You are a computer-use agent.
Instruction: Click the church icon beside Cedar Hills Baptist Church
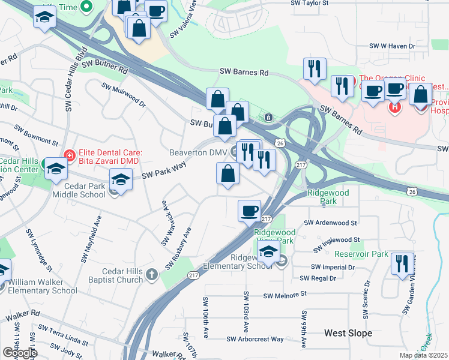coord(152,275)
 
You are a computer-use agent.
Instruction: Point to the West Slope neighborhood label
coord(348,332)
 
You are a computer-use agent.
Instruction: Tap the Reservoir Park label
coord(362,254)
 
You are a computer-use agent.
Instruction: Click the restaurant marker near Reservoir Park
coord(401,264)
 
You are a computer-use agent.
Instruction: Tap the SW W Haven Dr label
coord(393,46)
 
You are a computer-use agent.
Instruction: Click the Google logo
coord(19,353)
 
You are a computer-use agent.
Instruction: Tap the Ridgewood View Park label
coord(274,236)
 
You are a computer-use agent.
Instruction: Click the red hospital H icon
coord(395,107)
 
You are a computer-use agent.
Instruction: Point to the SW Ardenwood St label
coord(331,223)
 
